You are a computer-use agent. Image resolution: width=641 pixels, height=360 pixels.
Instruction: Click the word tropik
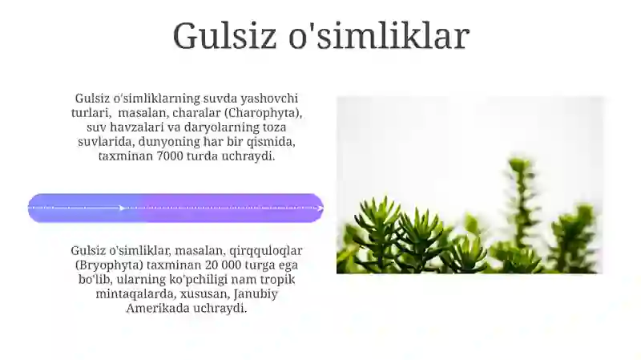click(282, 279)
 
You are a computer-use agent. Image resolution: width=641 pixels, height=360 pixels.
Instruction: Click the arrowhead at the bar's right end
click(320, 208)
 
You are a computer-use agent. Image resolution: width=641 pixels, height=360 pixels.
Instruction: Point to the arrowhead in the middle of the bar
click(122, 208)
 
